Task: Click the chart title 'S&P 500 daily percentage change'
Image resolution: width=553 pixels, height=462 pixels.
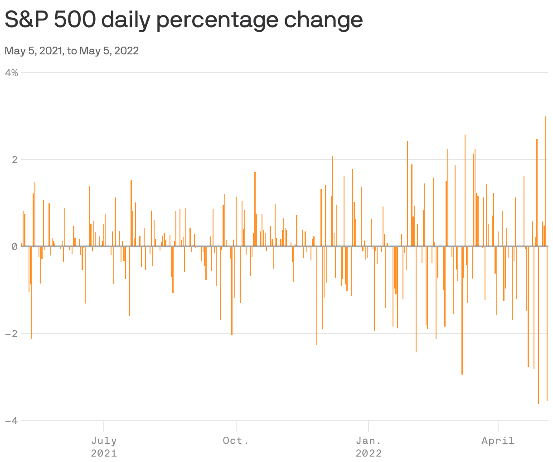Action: tap(184, 20)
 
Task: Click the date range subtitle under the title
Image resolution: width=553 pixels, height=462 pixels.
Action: tap(72, 51)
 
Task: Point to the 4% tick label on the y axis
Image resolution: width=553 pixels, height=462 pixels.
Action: tap(12, 72)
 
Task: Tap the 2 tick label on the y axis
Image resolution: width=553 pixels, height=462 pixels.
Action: tap(15, 159)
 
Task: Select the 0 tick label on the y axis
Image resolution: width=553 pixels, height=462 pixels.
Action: tap(15, 246)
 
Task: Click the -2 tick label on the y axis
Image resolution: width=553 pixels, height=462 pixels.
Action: tap(12, 333)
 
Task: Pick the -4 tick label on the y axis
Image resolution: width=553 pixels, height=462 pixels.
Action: tap(12, 420)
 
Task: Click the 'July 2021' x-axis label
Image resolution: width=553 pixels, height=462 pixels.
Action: tap(104, 446)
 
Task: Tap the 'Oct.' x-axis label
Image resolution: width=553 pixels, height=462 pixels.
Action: tap(236, 440)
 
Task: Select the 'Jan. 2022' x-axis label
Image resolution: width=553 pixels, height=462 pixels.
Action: tap(369, 446)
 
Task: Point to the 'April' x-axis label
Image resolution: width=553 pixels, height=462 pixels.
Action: tap(498, 440)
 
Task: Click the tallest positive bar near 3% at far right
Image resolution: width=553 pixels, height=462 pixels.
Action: tap(545, 181)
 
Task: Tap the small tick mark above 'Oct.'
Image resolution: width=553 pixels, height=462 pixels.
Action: tap(236, 426)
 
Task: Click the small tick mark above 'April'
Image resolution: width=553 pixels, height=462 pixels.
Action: tap(498, 426)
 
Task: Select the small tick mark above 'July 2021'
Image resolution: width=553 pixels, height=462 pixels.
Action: tap(104, 426)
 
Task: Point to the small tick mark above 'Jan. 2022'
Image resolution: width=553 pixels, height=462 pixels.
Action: tap(369, 426)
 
